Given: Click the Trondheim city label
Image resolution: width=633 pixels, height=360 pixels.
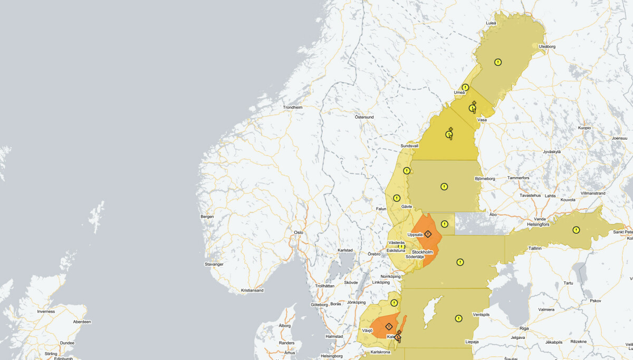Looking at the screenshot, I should pyautogui.click(x=293, y=107).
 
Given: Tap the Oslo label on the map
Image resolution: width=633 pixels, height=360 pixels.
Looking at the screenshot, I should pyautogui.click(x=299, y=232).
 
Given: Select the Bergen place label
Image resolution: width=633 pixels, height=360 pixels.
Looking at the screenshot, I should pyautogui.click(x=207, y=217).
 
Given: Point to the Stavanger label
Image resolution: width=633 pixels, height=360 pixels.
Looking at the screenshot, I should pyautogui.click(x=214, y=264).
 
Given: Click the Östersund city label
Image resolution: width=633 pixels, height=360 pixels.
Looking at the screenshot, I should pyautogui.click(x=364, y=117).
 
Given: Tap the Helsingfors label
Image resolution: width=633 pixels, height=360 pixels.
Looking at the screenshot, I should pyautogui.click(x=538, y=225).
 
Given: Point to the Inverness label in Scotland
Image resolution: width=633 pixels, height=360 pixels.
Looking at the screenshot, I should pyautogui.click(x=46, y=312).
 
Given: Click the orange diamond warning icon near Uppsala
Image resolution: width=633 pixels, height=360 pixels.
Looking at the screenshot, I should pyautogui.click(x=428, y=233).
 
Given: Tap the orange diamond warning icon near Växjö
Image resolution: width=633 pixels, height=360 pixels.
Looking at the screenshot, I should pyautogui.click(x=389, y=326).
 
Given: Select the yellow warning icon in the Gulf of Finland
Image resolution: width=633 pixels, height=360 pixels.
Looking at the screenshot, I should pyautogui.click(x=576, y=230).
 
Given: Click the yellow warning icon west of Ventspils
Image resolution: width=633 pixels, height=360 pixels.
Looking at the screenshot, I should pyautogui.click(x=458, y=318).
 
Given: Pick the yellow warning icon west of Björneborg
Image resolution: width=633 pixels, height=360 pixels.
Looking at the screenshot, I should pyautogui.click(x=444, y=187).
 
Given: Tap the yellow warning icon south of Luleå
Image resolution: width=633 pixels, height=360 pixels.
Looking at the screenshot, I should pyautogui.click(x=497, y=62).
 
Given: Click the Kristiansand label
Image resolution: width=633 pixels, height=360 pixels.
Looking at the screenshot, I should pyautogui.click(x=252, y=290).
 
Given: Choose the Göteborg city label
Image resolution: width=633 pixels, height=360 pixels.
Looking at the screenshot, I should pyautogui.click(x=320, y=305).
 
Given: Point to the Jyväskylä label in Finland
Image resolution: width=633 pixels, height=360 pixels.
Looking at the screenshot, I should pyautogui.click(x=552, y=152).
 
